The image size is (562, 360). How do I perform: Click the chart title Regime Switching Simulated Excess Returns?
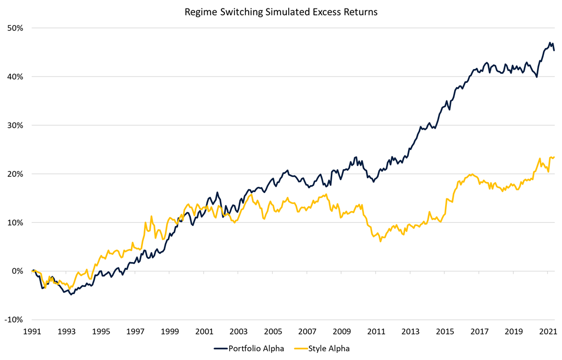pyautogui.click(x=281, y=12)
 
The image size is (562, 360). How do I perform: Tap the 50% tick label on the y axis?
pyautogui.click(x=15, y=28)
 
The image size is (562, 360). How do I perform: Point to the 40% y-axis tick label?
pyautogui.click(x=15, y=76)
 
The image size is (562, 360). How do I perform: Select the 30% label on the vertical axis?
pyautogui.click(x=15, y=125)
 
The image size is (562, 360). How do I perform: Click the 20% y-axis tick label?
pyautogui.click(x=15, y=174)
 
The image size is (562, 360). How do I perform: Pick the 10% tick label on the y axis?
pyautogui.click(x=15, y=222)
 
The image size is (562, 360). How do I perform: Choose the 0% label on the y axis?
pyautogui.click(x=17, y=271)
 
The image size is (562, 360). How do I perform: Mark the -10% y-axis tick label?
pyautogui.click(x=14, y=320)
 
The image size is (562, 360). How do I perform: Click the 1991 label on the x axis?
pyautogui.click(x=32, y=331)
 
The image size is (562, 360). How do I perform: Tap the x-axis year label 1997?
pyautogui.click(x=135, y=331)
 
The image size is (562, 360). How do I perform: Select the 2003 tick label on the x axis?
pyautogui.click(x=238, y=331)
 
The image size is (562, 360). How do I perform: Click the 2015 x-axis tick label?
pyautogui.click(x=444, y=331)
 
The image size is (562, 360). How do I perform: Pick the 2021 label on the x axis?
pyautogui.click(x=547, y=331)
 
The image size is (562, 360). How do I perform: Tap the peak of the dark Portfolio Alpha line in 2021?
pyautogui.click(x=550, y=43)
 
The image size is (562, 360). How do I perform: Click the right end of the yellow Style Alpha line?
pyautogui.click(x=554, y=157)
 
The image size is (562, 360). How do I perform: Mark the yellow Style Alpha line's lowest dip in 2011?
pyautogui.click(x=380, y=241)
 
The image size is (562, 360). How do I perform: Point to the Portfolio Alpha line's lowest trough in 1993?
pyautogui.click(x=71, y=295)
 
